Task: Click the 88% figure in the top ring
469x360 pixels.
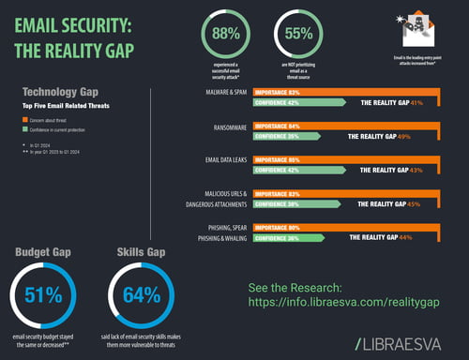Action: click(226, 35)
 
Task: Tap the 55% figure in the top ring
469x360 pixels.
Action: click(297, 35)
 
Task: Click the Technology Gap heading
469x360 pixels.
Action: click(62, 93)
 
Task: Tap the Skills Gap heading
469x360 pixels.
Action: click(141, 251)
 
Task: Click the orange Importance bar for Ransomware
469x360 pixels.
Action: click(356, 126)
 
